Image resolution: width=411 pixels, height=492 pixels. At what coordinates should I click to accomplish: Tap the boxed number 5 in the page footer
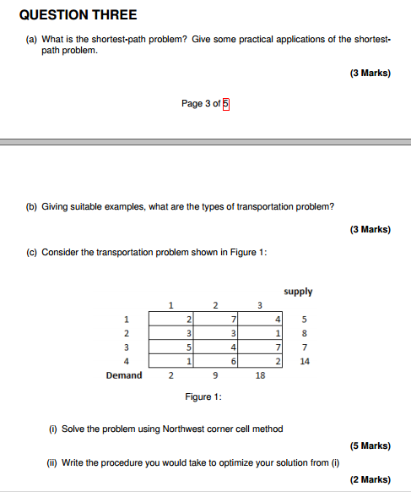click(x=226, y=104)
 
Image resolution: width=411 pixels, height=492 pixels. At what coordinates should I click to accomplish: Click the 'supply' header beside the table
click(x=298, y=292)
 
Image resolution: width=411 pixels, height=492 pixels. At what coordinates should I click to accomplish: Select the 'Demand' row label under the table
click(x=123, y=375)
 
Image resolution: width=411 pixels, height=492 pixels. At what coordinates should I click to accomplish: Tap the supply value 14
click(x=305, y=360)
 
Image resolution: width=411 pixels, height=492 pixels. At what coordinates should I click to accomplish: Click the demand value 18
click(x=261, y=375)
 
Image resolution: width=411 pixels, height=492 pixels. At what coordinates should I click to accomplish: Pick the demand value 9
click(x=215, y=375)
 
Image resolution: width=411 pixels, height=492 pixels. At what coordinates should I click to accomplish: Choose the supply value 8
click(x=305, y=333)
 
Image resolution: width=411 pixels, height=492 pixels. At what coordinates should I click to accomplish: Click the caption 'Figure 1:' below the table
click(x=203, y=396)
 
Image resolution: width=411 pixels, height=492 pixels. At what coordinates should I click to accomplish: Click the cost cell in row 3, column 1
click(x=172, y=347)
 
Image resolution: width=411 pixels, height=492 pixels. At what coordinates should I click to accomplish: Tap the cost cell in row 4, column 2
click(x=217, y=361)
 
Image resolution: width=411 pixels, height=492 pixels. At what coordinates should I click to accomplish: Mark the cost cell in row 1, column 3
click(x=262, y=319)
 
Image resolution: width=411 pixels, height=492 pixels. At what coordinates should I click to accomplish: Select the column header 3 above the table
click(x=259, y=305)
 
